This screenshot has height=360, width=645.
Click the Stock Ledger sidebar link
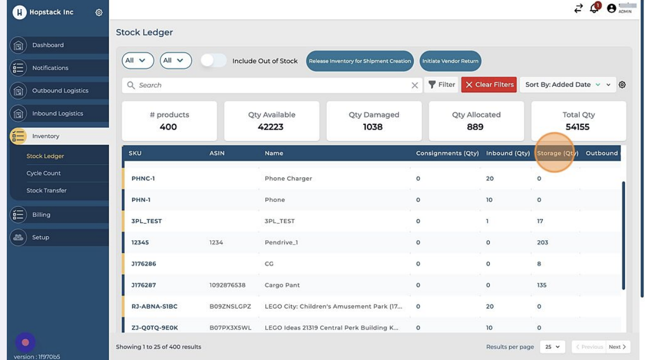(x=45, y=156)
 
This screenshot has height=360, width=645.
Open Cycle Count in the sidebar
(x=44, y=173)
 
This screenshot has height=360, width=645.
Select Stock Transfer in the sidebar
(x=46, y=190)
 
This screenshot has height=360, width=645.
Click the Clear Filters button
(x=489, y=84)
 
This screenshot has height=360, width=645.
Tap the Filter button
(x=442, y=84)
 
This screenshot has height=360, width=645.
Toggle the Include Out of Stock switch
(x=213, y=60)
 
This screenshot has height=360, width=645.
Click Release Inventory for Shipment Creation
(x=360, y=61)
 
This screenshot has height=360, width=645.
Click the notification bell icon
(x=594, y=8)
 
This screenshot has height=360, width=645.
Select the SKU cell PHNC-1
(x=143, y=178)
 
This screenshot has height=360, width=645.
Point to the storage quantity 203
(x=542, y=242)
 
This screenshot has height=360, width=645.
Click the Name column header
(x=274, y=153)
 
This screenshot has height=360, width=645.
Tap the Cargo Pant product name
(x=282, y=285)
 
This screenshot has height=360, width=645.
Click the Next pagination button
(x=617, y=347)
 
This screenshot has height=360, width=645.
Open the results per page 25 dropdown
(x=552, y=347)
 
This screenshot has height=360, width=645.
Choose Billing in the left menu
(x=41, y=215)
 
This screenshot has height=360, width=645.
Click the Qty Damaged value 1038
(x=373, y=127)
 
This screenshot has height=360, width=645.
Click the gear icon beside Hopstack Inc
(x=99, y=13)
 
